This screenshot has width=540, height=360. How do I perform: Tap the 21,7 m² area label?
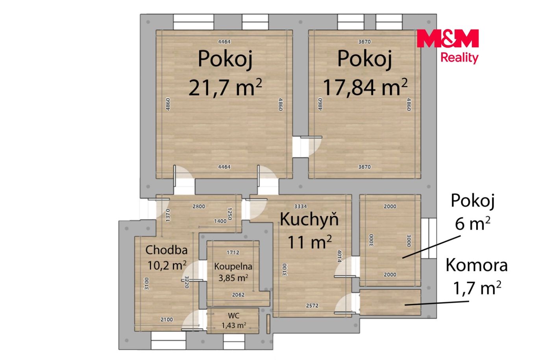[225, 87]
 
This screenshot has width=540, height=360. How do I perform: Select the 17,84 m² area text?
[365, 87]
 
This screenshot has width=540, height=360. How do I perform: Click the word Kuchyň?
[309, 219]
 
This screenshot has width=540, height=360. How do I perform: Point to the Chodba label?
[166, 250]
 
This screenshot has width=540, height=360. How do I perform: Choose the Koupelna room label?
[233, 267]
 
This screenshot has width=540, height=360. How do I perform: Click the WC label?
[234, 315]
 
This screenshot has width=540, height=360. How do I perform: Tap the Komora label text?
[477, 265]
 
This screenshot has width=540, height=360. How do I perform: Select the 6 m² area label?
[472, 223]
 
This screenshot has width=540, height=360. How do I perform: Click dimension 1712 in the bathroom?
[233, 252]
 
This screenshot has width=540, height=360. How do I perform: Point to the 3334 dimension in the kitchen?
[300, 206]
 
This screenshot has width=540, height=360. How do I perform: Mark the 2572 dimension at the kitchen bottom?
[312, 306]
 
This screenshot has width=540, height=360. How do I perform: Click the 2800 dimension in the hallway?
[199, 206]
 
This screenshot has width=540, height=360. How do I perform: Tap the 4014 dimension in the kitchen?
[340, 256]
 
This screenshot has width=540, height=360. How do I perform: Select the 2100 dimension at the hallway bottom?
[166, 319]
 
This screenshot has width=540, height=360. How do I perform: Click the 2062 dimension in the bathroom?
[238, 295]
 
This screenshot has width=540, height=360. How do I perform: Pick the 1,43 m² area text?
[234, 325]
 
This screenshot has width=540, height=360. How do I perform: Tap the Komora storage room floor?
[390, 302]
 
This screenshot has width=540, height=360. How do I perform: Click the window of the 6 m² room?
[429, 238]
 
